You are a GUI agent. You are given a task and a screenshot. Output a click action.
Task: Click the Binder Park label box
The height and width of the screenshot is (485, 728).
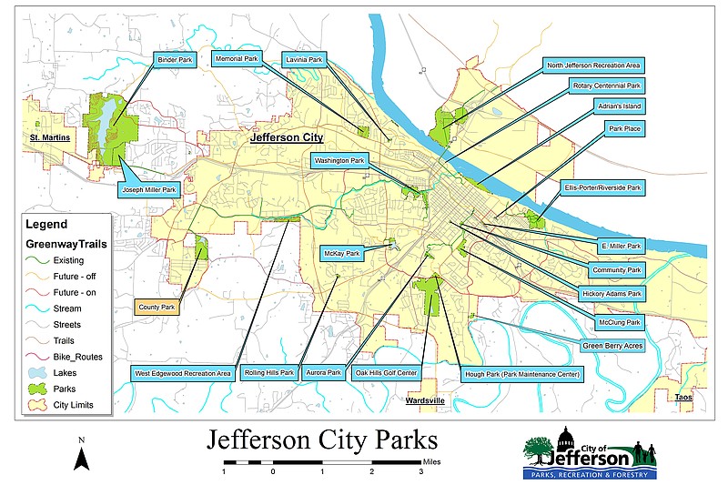pyautogui.click(x=173, y=60)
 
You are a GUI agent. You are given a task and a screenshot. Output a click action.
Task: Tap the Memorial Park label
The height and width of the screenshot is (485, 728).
pyautogui.click(x=238, y=59)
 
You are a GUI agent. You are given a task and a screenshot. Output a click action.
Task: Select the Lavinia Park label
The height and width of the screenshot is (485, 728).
pyautogui.click(x=304, y=60)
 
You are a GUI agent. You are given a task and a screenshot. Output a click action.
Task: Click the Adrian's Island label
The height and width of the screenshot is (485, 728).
pyautogui.click(x=621, y=106)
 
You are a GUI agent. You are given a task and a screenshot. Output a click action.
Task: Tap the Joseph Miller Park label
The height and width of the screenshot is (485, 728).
pyautogui.click(x=149, y=190)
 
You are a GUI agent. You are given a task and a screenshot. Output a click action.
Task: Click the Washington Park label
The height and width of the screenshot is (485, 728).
pyautogui.click(x=339, y=162)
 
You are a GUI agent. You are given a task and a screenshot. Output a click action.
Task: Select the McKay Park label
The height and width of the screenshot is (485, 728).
pyautogui.click(x=342, y=253)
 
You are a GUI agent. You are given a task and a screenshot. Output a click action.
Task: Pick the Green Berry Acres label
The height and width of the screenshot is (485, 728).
pyautogui.click(x=612, y=346)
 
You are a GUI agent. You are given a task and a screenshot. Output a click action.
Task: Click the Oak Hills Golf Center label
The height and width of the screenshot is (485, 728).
pyautogui.click(x=387, y=373)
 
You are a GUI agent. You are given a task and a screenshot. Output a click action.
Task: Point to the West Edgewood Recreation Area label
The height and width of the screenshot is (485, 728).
pyautogui.click(x=183, y=373)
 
